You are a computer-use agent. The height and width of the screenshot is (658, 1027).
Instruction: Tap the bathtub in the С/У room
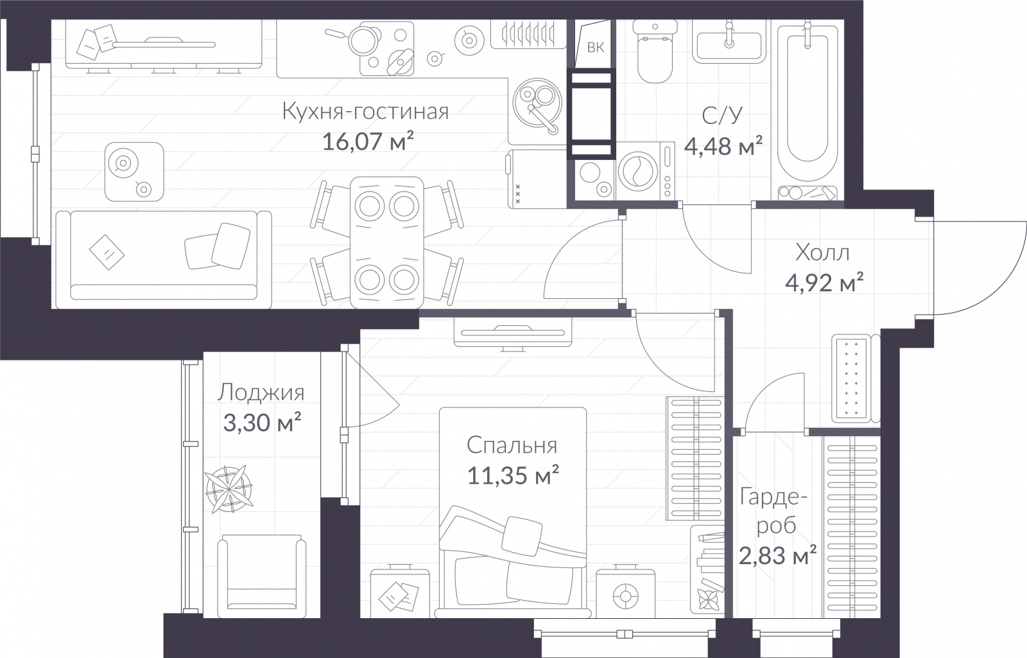point(808,110)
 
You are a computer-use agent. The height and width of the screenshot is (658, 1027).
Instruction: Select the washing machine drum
point(638,171)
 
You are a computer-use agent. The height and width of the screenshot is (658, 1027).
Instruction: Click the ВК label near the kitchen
point(596,48)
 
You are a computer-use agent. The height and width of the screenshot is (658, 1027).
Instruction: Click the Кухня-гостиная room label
point(365,111)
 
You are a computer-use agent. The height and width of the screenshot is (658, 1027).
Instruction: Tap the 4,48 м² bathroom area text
point(724,147)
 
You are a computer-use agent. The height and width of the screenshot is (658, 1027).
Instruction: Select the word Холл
point(822,253)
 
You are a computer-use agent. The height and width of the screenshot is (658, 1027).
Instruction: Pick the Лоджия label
point(261,393)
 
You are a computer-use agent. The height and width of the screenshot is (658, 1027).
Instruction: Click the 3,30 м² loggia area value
point(263,423)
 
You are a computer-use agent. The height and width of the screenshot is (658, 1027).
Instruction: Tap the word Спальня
point(512,445)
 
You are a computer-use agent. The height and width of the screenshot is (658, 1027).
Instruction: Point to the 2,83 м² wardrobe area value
point(777,556)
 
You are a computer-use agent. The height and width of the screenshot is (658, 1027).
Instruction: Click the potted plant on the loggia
point(229,489)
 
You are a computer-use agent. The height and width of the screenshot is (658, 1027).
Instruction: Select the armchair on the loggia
point(262,576)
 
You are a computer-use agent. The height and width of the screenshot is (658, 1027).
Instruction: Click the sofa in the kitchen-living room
point(164,260)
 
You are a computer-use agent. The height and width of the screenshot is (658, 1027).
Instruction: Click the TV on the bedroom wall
point(513,334)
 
